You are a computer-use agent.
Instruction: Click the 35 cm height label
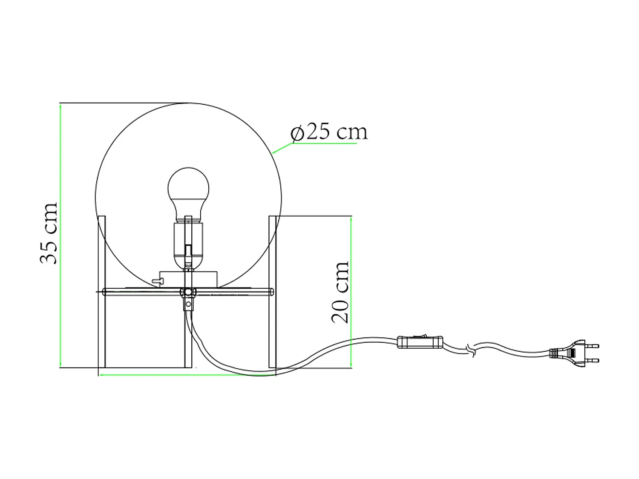point(48,233)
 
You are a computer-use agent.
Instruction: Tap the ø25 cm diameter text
point(328,132)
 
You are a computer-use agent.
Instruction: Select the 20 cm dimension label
point(340,292)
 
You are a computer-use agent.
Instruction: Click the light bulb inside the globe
point(188,190)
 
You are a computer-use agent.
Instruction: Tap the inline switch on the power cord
point(420,342)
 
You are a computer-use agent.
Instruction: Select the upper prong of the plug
point(593,346)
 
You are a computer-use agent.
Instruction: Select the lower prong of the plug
point(593,361)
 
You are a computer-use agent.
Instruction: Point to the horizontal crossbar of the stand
point(230,292)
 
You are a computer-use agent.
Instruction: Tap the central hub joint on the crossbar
point(187,292)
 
